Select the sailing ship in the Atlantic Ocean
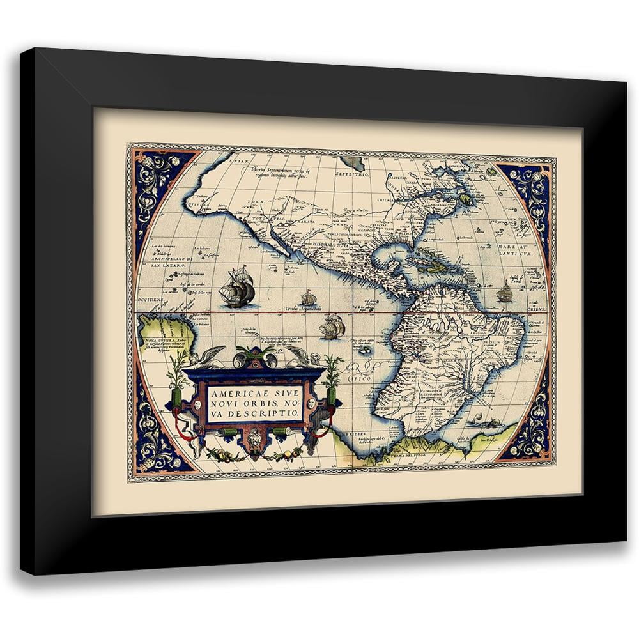point(504,292)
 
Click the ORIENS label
point(535,309)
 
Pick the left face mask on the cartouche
point(197,405)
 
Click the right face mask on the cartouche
point(311,404)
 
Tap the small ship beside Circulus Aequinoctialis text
point(309,298)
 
